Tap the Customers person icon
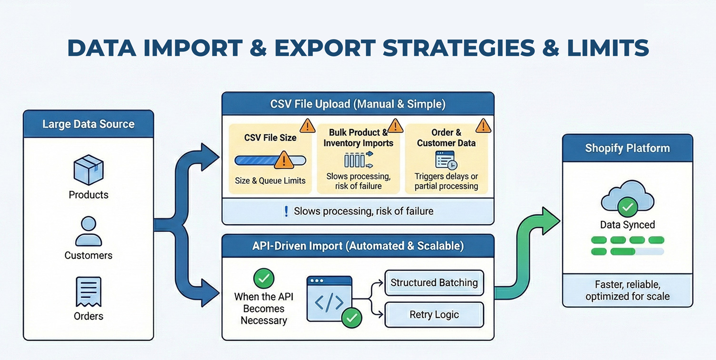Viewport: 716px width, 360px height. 89,231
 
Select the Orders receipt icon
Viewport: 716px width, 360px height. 89,291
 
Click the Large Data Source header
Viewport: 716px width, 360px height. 89,124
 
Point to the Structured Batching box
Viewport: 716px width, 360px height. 434,283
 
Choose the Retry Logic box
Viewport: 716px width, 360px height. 434,315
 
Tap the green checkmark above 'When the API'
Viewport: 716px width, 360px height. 263,278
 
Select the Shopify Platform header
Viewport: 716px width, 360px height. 627,148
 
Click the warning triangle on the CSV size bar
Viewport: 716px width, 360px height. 284,160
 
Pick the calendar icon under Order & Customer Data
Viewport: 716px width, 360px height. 447,160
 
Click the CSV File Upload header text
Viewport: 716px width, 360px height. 358,104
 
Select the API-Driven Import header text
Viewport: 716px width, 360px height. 358,246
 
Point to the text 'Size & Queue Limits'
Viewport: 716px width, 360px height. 270,181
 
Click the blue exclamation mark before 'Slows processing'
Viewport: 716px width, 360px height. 286,211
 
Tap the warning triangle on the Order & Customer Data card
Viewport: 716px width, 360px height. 483,126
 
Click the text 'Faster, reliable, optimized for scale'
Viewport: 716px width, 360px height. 627,290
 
